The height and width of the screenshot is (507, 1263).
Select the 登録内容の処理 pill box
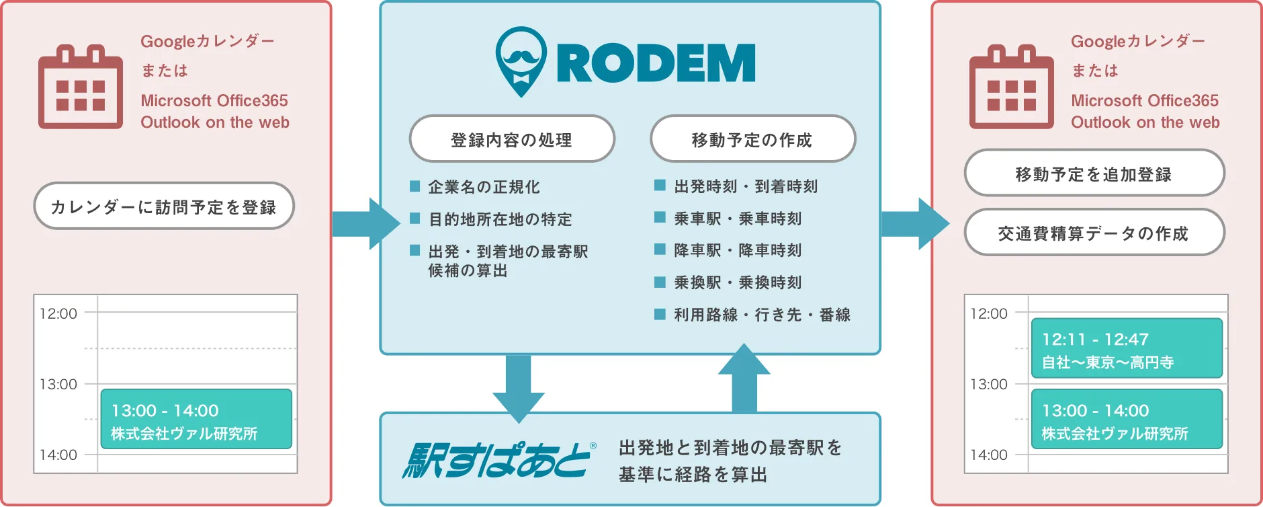[512, 139]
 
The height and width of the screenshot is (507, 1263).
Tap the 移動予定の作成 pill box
[752, 139]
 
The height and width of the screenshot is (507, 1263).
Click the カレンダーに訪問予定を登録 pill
[164, 206]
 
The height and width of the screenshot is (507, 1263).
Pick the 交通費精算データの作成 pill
[1094, 232]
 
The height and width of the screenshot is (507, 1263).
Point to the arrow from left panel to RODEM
[366, 224]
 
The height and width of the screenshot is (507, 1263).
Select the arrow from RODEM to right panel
[915, 224]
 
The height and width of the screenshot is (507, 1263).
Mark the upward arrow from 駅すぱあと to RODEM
[744, 377]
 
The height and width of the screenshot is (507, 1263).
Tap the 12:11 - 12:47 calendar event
[1127, 348]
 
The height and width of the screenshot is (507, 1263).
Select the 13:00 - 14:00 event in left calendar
[196, 419]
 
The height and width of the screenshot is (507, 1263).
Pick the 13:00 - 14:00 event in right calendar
[1127, 419]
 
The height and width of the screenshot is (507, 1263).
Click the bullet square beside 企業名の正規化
[415, 186]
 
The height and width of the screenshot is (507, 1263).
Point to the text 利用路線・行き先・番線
[763, 315]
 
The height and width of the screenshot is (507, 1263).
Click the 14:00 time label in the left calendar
[58, 455]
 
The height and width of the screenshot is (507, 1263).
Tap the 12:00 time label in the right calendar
[989, 313]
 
